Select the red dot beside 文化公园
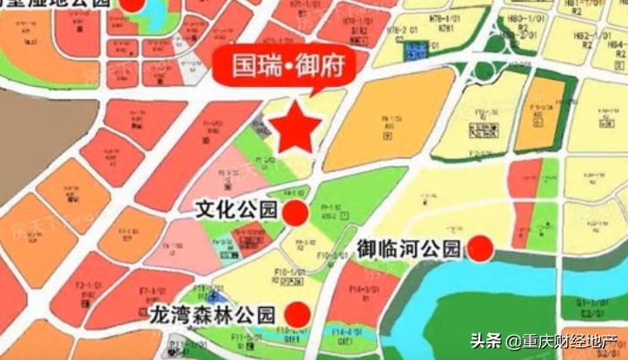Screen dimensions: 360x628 point(295,212)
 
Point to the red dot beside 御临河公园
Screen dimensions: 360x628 point(481,248)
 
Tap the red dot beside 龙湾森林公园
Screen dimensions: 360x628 point(295,314)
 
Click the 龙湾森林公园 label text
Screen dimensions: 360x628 point(213,314)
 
